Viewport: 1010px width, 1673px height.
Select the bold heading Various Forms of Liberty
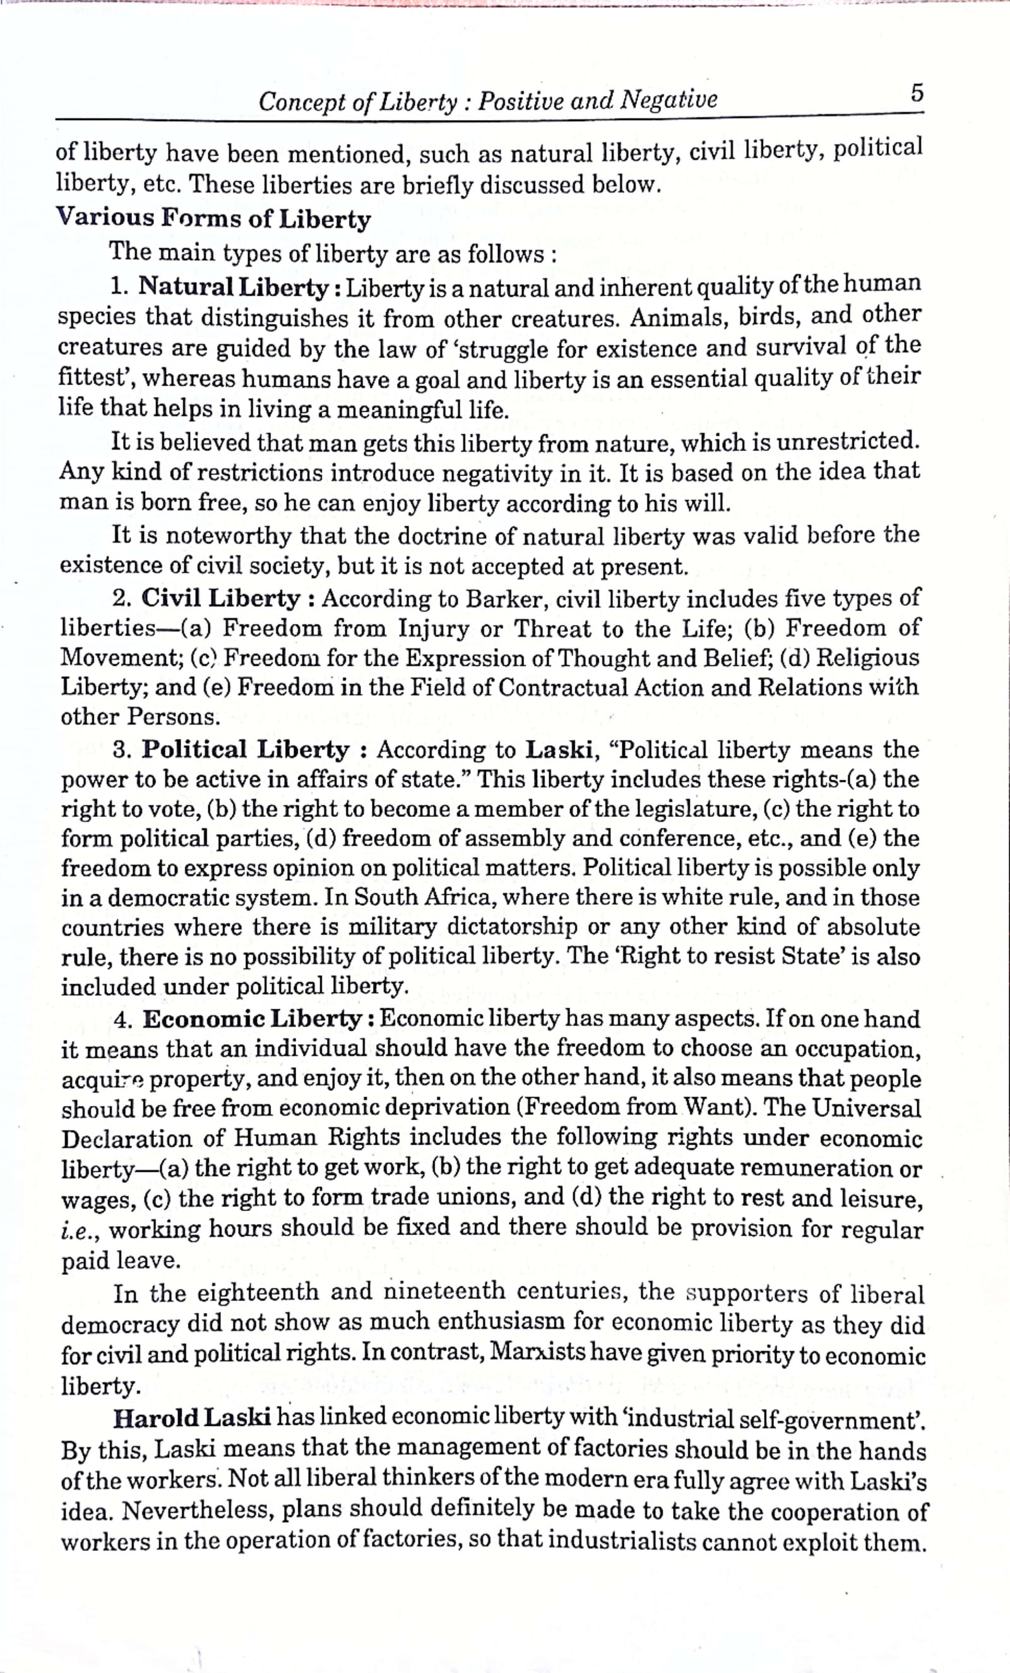point(214,218)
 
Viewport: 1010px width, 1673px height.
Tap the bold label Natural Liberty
point(233,287)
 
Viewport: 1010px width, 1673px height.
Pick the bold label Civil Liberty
point(220,598)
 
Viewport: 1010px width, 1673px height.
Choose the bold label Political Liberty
point(245,749)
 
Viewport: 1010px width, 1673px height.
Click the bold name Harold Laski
point(193,1417)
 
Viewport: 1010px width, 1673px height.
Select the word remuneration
point(817,1168)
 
